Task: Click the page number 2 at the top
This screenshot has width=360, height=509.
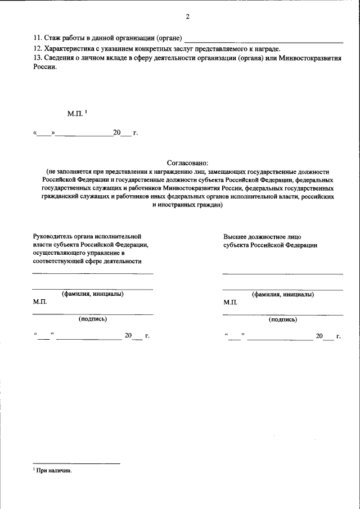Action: coord(187,16)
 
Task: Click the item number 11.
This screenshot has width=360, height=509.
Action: coord(38,38)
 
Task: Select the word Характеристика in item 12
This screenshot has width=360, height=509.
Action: coord(68,49)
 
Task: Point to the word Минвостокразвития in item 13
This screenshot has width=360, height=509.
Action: coord(312,58)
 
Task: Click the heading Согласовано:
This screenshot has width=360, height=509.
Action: coord(187,162)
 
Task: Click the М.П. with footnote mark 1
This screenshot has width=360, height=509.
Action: coord(75,114)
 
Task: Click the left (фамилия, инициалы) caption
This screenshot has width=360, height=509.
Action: coord(92,294)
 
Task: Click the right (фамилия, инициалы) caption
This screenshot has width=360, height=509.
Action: coord(283,294)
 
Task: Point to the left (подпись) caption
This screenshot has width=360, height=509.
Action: coord(92,319)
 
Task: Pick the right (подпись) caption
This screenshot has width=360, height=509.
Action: coord(283,319)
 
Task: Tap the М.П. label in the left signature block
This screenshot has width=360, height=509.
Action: coord(40,302)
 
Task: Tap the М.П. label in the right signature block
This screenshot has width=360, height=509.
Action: coord(231,302)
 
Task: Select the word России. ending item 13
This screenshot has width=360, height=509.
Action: coord(45,67)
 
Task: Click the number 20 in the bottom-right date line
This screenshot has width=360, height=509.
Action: coord(319,336)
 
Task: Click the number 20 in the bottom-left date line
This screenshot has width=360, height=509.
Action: coord(128,336)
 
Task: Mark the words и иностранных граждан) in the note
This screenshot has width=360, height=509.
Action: coord(187,205)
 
